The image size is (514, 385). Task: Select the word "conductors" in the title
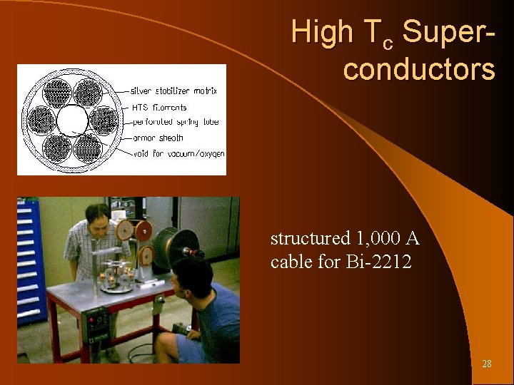click(x=418, y=70)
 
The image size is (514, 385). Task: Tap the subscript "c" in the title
click(x=388, y=44)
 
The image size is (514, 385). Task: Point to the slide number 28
click(x=487, y=364)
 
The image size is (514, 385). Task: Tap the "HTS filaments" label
click(x=159, y=108)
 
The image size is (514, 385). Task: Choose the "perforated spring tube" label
click(x=175, y=122)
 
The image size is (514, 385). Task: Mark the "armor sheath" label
click(x=157, y=138)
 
